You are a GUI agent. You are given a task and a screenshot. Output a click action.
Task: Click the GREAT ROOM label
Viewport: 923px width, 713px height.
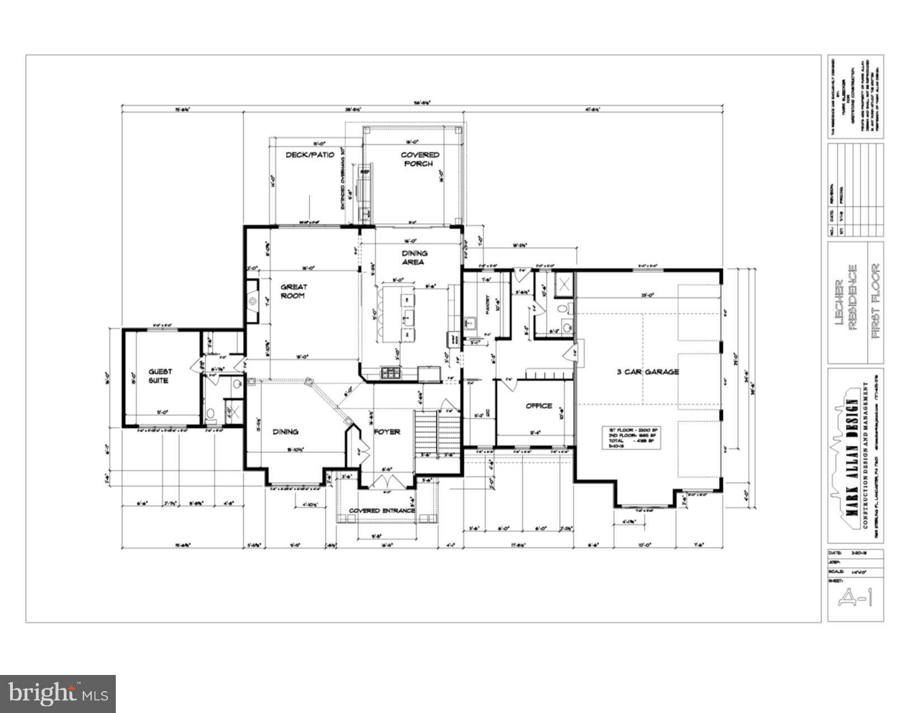(x=294, y=291)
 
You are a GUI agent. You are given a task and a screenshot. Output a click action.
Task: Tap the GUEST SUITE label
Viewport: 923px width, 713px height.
(x=160, y=376)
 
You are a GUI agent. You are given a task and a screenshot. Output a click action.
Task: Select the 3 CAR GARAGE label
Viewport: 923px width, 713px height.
(x=648, y=372)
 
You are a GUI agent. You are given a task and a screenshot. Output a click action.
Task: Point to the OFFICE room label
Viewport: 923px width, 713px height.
(x=539, y=406)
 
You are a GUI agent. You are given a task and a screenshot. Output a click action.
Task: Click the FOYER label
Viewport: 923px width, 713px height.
(x=387, y=432)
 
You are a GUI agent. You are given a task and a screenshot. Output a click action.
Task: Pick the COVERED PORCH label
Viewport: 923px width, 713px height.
(x=420, y=159)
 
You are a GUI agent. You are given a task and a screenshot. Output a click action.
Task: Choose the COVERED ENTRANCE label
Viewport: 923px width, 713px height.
(x=382, y=511)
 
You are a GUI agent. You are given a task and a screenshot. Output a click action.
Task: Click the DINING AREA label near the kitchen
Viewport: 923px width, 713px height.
(x=414, y=257)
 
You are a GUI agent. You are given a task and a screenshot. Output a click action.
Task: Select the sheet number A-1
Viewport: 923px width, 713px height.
(x=855, y=599)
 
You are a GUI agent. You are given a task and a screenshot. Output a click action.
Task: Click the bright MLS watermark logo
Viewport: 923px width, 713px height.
(x=58, y=694)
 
